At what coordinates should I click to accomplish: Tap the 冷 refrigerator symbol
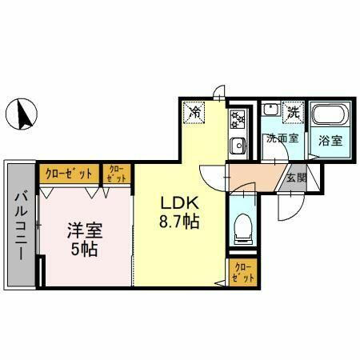(194, 113)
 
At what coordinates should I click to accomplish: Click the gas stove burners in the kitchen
(238, 119)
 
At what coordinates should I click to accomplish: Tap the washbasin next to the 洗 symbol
(272, 113)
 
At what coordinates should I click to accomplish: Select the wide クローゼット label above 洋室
(68, 173)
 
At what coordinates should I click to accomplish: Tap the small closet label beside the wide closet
(116, 174)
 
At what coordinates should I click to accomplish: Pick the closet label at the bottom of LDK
(242, 271)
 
